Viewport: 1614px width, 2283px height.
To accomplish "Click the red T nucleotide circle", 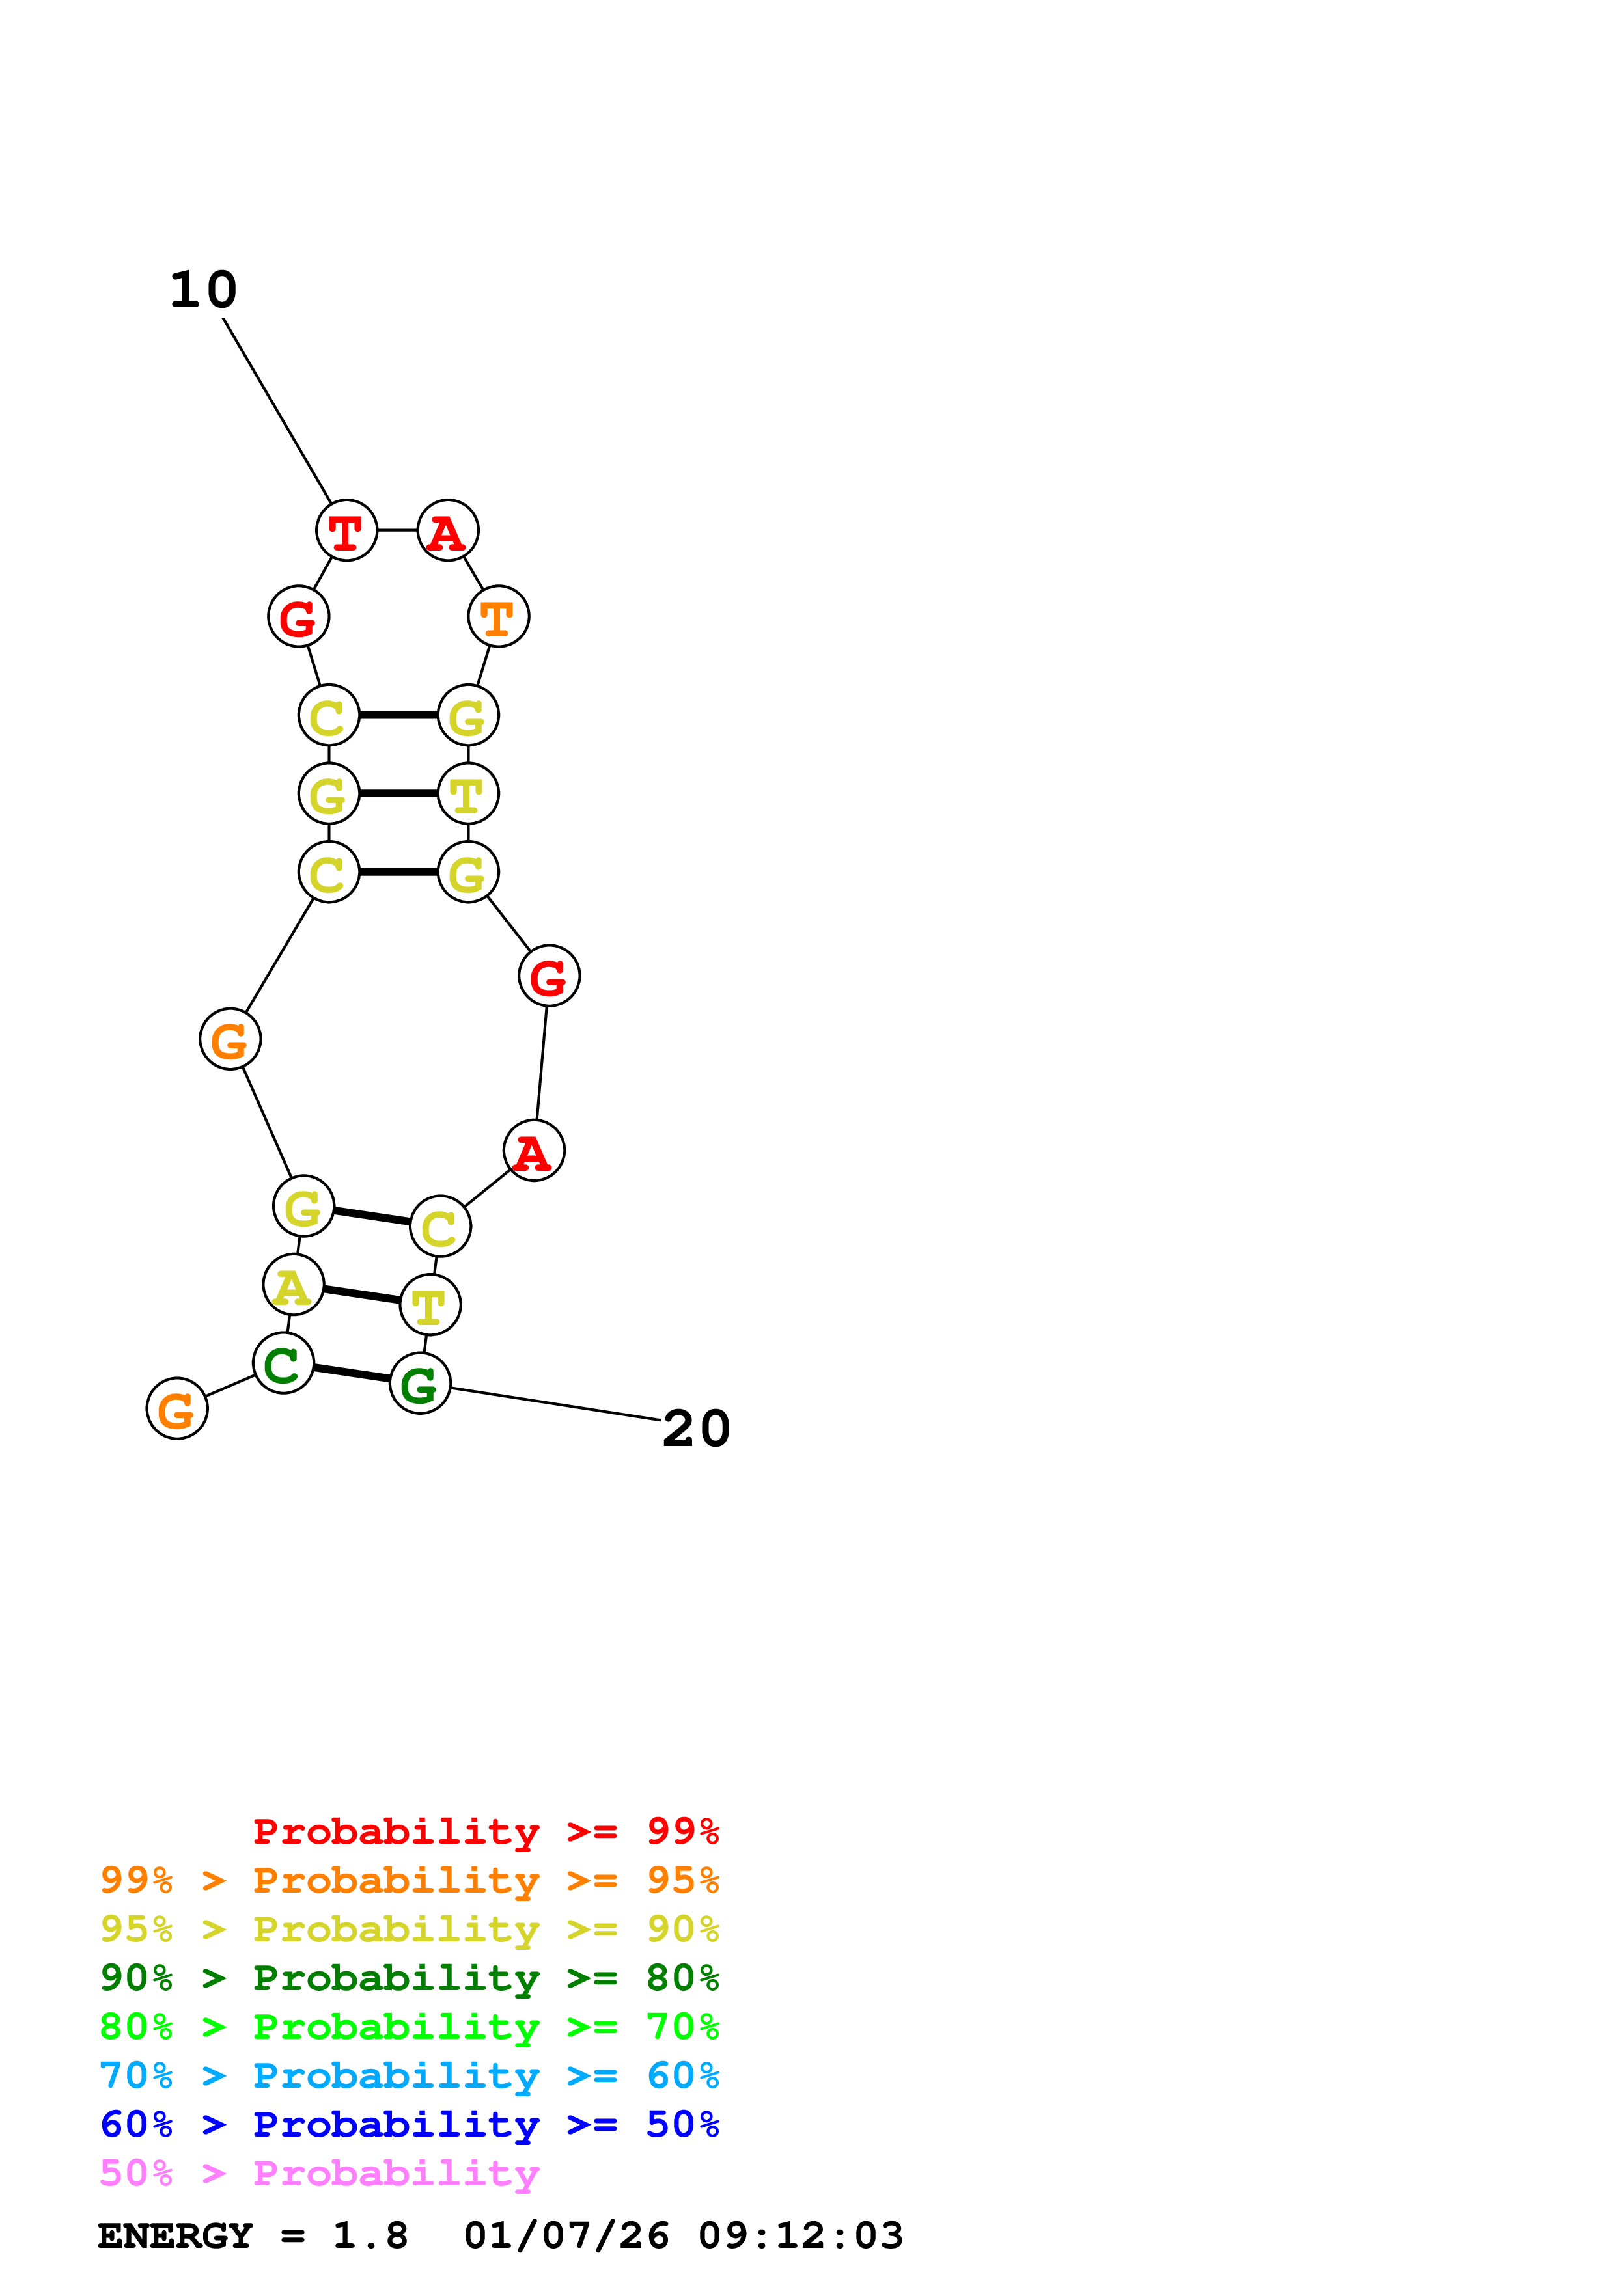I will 346,531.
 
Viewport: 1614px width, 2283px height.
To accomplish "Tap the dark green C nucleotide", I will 283,1363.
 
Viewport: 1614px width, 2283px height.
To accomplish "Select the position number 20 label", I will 696,1430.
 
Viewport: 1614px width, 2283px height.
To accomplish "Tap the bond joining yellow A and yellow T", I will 361,1294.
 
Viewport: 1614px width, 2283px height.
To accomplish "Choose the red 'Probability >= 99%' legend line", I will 485,1831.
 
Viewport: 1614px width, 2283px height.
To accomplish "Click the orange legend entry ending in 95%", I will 409,1880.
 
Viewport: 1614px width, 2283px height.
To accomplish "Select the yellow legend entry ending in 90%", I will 409,1929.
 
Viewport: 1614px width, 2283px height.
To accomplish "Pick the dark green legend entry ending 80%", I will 409,1978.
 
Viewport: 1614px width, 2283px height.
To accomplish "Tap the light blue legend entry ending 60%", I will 409,2075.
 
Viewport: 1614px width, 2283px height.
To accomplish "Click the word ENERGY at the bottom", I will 175,2235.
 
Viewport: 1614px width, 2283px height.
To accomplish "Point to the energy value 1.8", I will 370,2235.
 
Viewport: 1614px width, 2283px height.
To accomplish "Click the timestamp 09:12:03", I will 801,2235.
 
